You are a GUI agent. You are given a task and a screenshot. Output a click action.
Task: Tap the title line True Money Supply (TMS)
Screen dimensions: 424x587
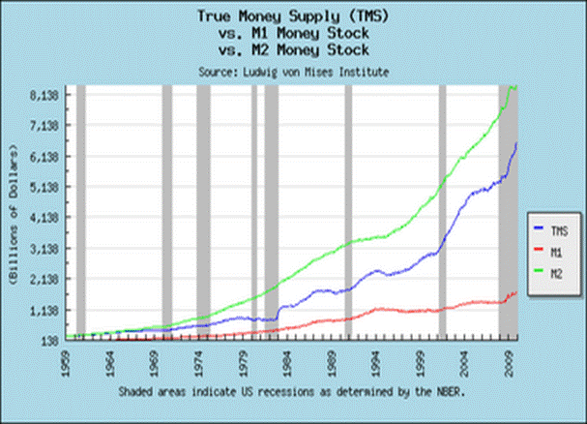pyautogui.click(x=292, y=16)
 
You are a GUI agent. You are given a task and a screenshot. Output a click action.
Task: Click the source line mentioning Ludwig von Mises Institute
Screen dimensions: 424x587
pyautogui.click(x=292, y=71)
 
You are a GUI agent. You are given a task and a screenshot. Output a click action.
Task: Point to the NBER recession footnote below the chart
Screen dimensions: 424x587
pyautogui.click(x=292, y=392)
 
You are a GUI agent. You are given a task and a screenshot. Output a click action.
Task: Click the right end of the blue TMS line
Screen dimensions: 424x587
pyautogui.click(x=517, y=143)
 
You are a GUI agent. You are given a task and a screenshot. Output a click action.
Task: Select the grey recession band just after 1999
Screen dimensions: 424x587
pyautogui.click(x=442, y=213)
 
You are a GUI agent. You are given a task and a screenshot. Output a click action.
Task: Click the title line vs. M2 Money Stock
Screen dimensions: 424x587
pyautogui.click(x=292, y=49)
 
